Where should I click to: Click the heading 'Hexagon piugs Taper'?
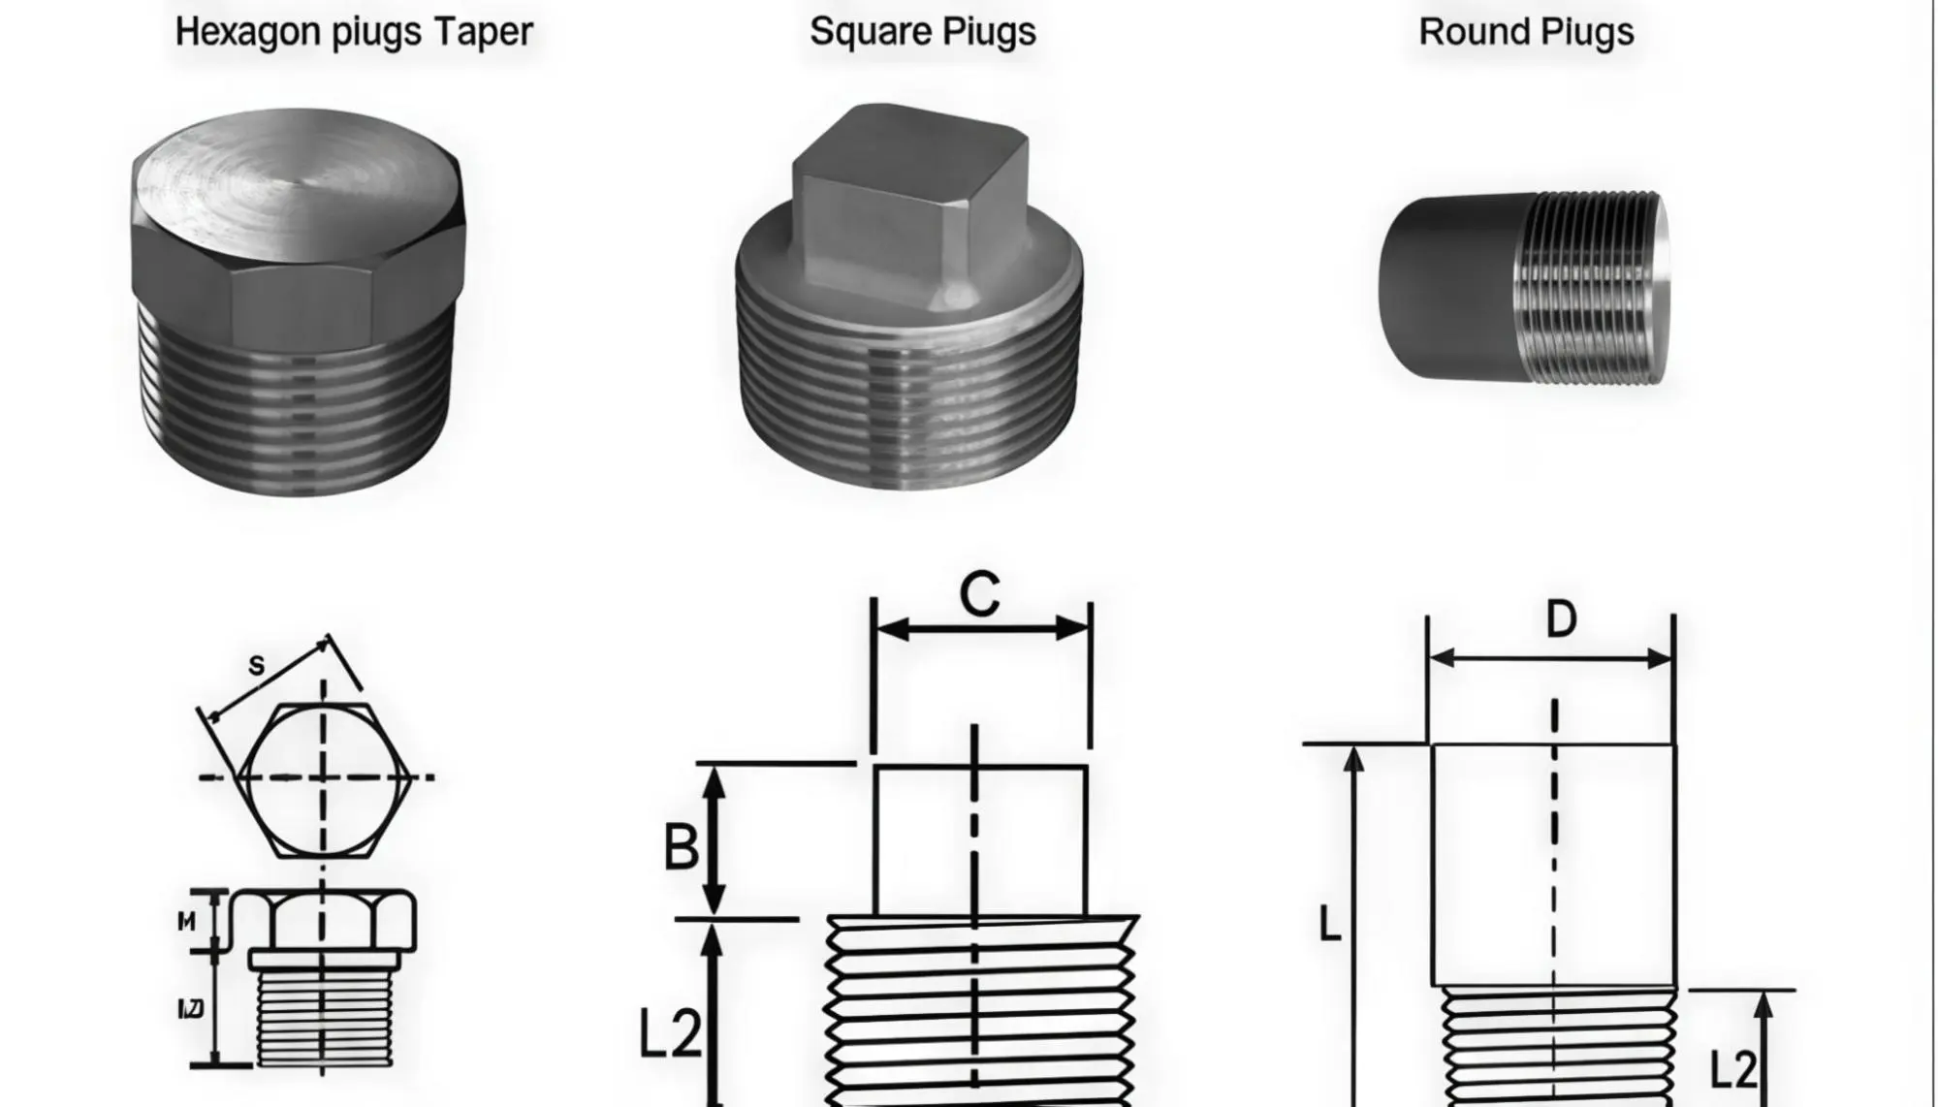tap(354, 33)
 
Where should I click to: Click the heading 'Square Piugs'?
tap(922, 33)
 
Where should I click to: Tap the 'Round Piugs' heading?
tap(1526, 33)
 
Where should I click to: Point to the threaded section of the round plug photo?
tap(1595, 288)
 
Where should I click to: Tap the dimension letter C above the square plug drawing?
tap(979, 593)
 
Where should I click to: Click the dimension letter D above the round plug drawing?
tap(1561, 619)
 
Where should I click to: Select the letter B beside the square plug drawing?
tap(681, 846)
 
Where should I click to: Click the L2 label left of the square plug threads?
tap(670, 1033)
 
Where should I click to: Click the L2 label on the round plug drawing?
tap(1732, 1070)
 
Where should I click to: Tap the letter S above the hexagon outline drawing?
tap(256, 665)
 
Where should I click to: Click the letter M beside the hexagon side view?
tap(187, 922)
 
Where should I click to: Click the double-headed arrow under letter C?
tap(981, 629)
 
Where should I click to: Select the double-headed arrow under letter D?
tap(1551, 659)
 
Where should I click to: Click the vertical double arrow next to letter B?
tap(714, 839)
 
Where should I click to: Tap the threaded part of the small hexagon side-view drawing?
tap(324, 1018)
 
